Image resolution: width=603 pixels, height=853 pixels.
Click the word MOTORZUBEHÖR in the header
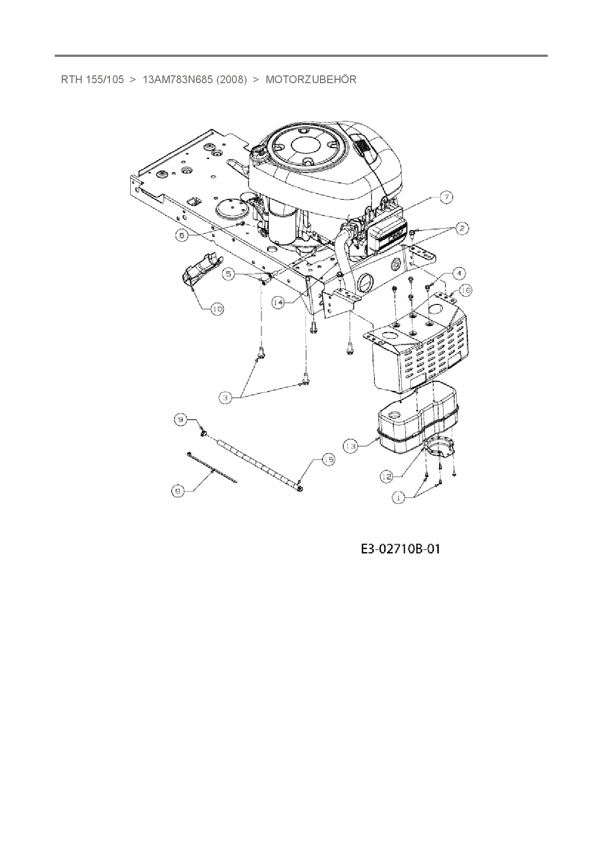click(x=311, y=80)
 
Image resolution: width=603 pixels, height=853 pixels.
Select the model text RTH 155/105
click(x=92, y=80)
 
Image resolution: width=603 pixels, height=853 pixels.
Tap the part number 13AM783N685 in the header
click(x=177, y=80)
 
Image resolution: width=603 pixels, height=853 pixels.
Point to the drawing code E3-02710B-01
click(x=400, y=549)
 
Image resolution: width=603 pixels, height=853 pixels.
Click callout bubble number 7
click(x=446, y=197)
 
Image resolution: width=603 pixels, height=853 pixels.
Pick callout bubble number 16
click(x=465, y=290)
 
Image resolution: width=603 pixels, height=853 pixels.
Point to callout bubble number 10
click(x=217, y=308)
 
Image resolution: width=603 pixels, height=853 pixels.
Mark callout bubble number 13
click(x=351, y=445)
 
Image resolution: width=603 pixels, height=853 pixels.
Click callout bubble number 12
click(x=387, y=477)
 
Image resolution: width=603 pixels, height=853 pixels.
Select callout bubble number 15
click(x=329, y=460)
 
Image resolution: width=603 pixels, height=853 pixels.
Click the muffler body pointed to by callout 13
click(x=413, y=428)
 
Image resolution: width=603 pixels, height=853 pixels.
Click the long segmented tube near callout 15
click(x=258, y=462)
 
